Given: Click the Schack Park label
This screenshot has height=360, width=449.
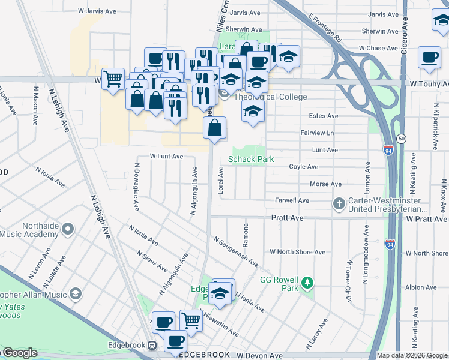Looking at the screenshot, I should (251, 159).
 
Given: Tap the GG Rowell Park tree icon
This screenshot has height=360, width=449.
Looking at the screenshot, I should (307, 282).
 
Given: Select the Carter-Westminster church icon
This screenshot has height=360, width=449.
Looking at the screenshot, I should (339, 204).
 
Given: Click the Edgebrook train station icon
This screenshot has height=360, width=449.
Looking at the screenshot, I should (152, 346).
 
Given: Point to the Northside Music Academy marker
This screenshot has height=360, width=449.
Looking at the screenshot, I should (68, 228).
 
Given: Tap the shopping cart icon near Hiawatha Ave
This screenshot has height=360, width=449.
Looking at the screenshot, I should (191, 321).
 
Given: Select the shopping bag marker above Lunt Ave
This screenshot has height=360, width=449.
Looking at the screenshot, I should (215, 127).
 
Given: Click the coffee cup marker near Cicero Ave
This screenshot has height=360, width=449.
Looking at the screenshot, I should (429, 58).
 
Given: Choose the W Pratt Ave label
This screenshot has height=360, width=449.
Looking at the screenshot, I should (427, 219).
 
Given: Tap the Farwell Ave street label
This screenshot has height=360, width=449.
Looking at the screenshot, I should (292, 200).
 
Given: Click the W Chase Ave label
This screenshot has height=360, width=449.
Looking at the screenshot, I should (378, 48).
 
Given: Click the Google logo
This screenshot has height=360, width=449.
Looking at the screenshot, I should (19, 353).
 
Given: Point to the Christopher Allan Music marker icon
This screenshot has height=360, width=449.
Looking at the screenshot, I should (76, 294).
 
